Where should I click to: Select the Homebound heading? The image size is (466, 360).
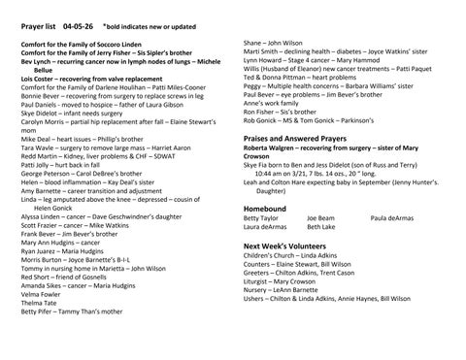pos(264,208)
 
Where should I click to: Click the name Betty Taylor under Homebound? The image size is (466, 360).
pos(259,218)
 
